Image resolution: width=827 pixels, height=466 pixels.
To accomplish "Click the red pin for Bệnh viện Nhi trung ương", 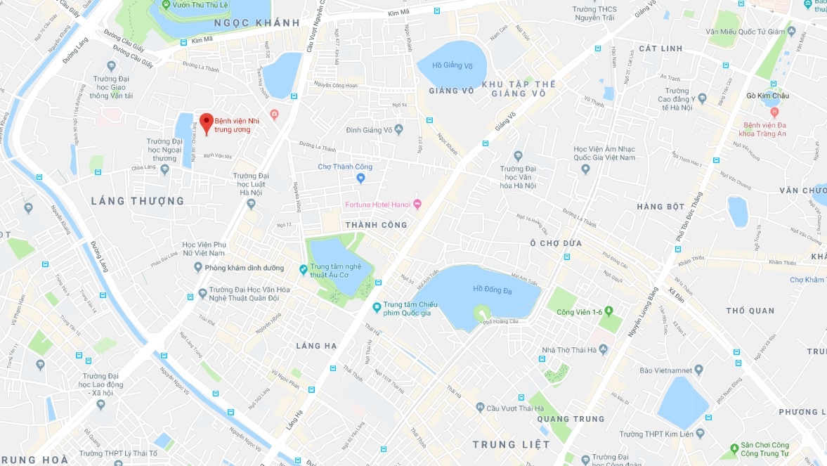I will [x=206, y=122].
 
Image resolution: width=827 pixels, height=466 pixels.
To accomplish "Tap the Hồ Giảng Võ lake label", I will [x=452, y=65].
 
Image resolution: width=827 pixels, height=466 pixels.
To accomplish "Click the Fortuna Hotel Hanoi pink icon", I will [x=417, y=205].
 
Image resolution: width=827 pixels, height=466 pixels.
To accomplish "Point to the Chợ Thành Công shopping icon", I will [x=360, y=179].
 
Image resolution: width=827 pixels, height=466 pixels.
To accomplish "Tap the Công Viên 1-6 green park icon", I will [x=608, y=311].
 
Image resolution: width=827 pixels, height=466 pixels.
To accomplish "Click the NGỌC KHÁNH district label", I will [x=256, y=23].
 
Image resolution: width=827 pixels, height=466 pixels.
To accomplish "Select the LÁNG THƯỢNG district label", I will [x=138, y=201].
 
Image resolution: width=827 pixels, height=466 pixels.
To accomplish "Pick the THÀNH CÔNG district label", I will [x=376, y=225].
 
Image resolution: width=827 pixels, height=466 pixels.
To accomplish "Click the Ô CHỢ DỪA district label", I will [x=556, y=243].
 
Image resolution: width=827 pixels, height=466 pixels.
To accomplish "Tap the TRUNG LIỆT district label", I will [x=511, y=444].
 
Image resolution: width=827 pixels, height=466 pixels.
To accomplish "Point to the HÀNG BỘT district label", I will [x=660, y=207].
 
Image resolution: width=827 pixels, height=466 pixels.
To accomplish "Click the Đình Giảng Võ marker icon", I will [x=398, y=129].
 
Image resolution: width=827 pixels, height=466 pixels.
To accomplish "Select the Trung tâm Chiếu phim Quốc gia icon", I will [x=377, y=307].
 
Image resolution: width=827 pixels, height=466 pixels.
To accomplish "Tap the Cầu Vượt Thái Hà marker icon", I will [x=480, y=408].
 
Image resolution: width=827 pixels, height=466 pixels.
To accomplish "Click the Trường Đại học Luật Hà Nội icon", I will [x=251, y=204].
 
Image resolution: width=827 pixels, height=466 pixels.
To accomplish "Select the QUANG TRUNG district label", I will [x=570, y=419].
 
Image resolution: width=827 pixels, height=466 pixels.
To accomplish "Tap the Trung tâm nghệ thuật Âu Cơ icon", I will [x=304, y=268].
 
